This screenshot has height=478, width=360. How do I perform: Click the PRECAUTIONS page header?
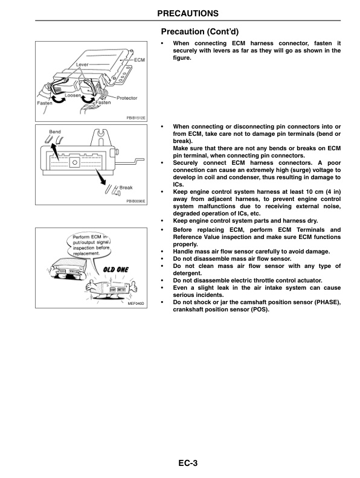(187, 13)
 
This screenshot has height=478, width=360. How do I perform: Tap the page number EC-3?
(187, 463)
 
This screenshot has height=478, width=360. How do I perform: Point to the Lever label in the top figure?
(83, 63)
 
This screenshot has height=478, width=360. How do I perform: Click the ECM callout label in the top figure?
(139, 60)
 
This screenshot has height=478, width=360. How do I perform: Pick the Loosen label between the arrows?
(73, 96)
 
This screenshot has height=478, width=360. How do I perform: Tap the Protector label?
(126, 98)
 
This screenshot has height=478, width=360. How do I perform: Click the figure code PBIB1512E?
(136, 118)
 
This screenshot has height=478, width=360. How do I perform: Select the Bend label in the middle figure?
(47, 132)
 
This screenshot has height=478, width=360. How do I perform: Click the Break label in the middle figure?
(126, 188)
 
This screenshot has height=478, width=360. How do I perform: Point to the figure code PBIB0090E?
(136, 201)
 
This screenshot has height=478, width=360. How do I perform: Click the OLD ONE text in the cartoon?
(115, 269)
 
